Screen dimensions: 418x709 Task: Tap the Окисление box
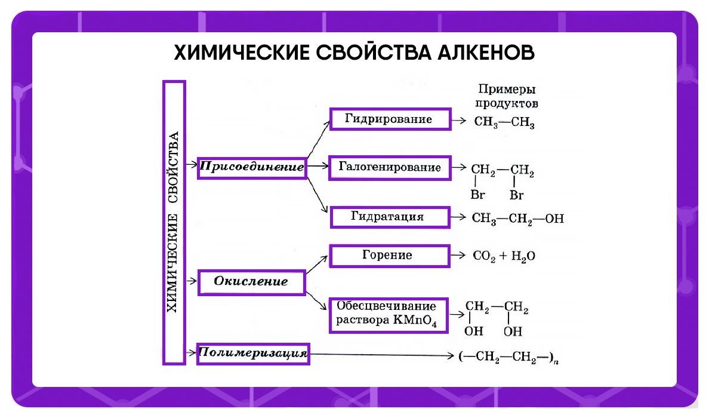pos(251,281)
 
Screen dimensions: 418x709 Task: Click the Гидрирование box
pos(389,119)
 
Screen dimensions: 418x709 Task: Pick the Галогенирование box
pos(389,168)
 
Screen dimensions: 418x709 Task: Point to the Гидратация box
pos(389,217)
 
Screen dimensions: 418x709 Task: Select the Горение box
pos(389,256)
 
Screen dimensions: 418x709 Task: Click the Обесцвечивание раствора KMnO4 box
pos(389,314)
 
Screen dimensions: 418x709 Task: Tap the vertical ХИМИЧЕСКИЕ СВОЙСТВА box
pos(174,222)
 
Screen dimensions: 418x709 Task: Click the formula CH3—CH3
pos(504,124)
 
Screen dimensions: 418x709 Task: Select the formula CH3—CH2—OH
pos(517,218)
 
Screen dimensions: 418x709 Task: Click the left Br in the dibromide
pos(477,195)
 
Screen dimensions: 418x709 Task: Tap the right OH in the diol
pos(513,331)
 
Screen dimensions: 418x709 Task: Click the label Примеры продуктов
pos(507,96)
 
